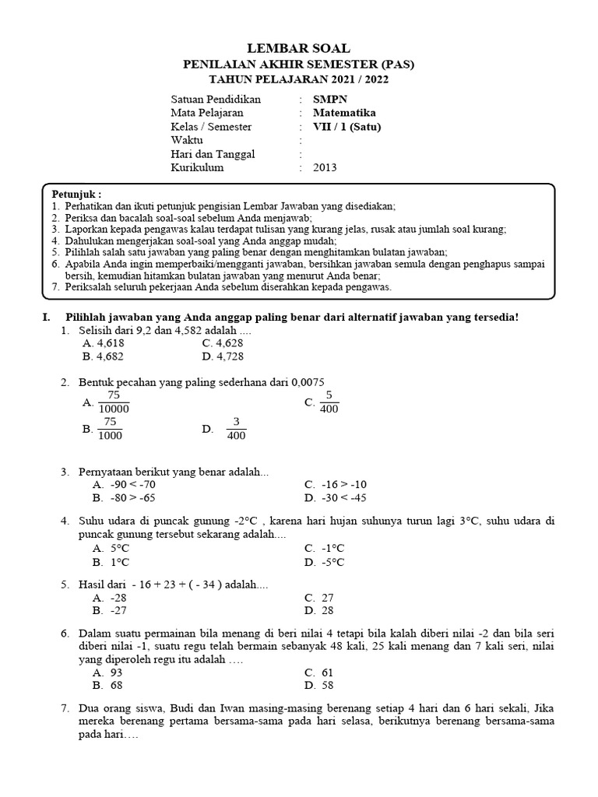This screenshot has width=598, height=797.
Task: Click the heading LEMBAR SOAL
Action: [x=298, y=49]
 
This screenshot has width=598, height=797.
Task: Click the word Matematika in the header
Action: [x=343, y=113]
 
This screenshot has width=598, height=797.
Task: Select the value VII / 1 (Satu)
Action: [x=347, y=127]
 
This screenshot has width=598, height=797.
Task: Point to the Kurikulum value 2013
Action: [x=325, y=167]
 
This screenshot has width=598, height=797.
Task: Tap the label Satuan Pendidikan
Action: [x=216, y=100]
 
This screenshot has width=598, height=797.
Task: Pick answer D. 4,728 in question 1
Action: [x=222, y=356]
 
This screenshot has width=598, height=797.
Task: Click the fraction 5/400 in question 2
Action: [x=329, y=402]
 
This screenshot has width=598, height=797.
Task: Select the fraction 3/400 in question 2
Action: [x=236, y=429]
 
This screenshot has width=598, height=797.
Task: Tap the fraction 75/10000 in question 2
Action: [x=114, y=402]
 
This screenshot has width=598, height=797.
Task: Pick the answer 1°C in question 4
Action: [x=120, y=562]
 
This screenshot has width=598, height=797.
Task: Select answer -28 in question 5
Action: [x=118, y=598]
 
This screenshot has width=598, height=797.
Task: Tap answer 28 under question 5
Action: [x=328, y=611]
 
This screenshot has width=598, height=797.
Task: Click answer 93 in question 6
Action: [x=117, y=672]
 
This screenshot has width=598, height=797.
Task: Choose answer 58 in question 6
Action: [x=328, y=685]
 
